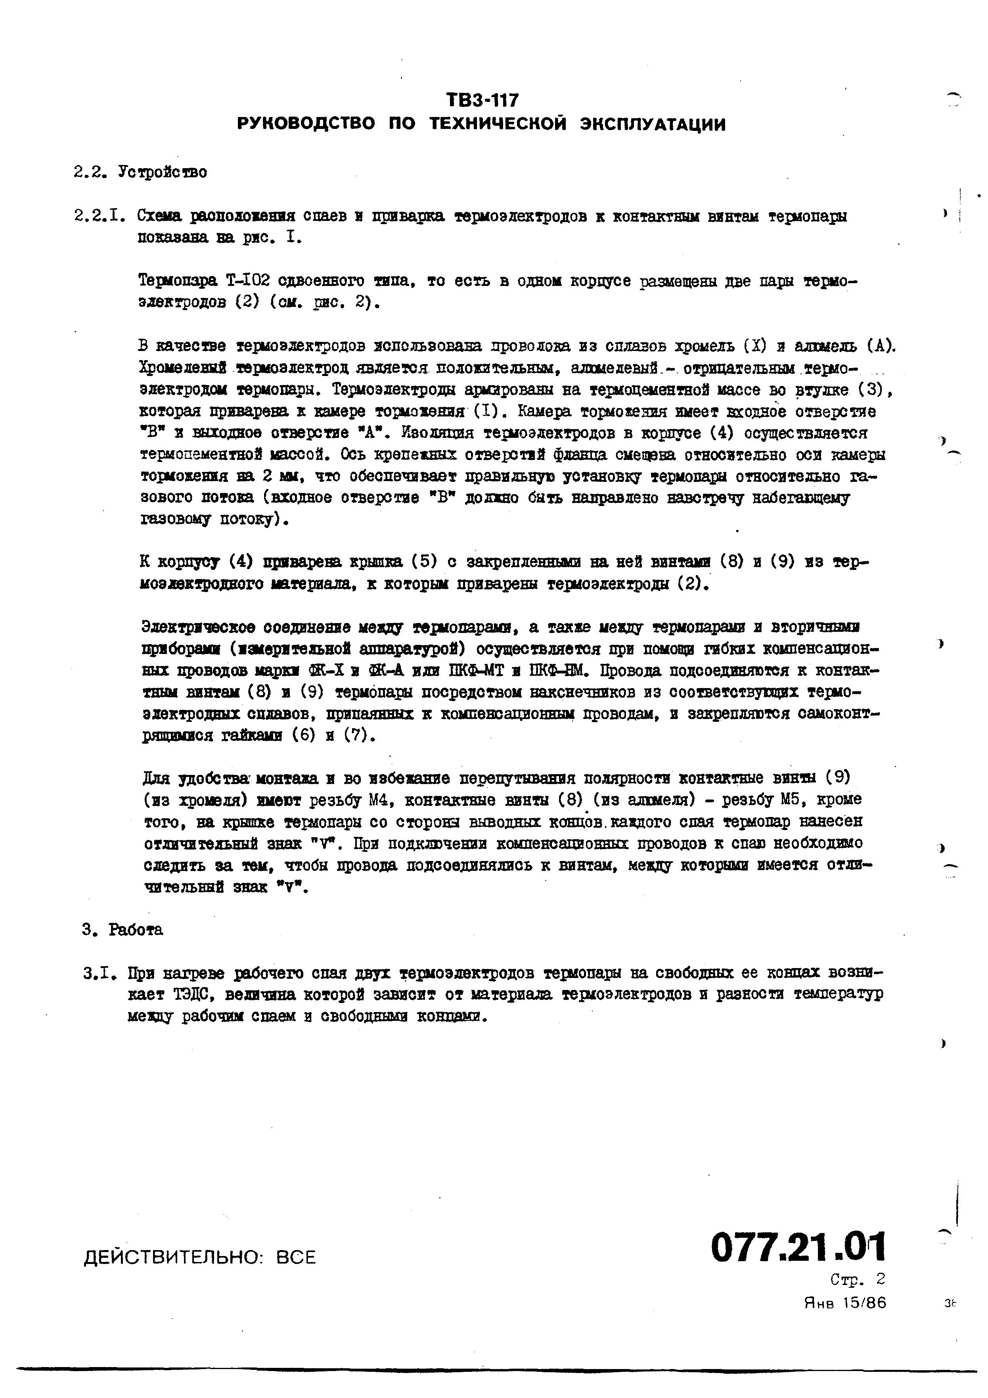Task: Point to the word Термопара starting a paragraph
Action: [178, 281]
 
